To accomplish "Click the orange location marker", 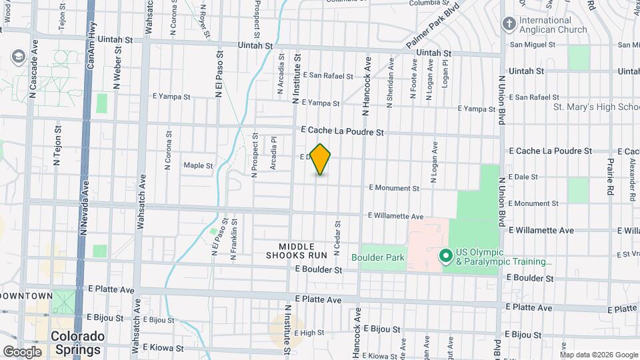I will [321, 159].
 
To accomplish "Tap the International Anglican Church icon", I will [509, 25].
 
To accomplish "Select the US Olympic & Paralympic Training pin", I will [445, 256].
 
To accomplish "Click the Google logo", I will [22, 351].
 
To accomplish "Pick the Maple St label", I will [198, 165].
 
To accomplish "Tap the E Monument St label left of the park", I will [393, 189].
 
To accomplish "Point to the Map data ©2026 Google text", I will [598, 354].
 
